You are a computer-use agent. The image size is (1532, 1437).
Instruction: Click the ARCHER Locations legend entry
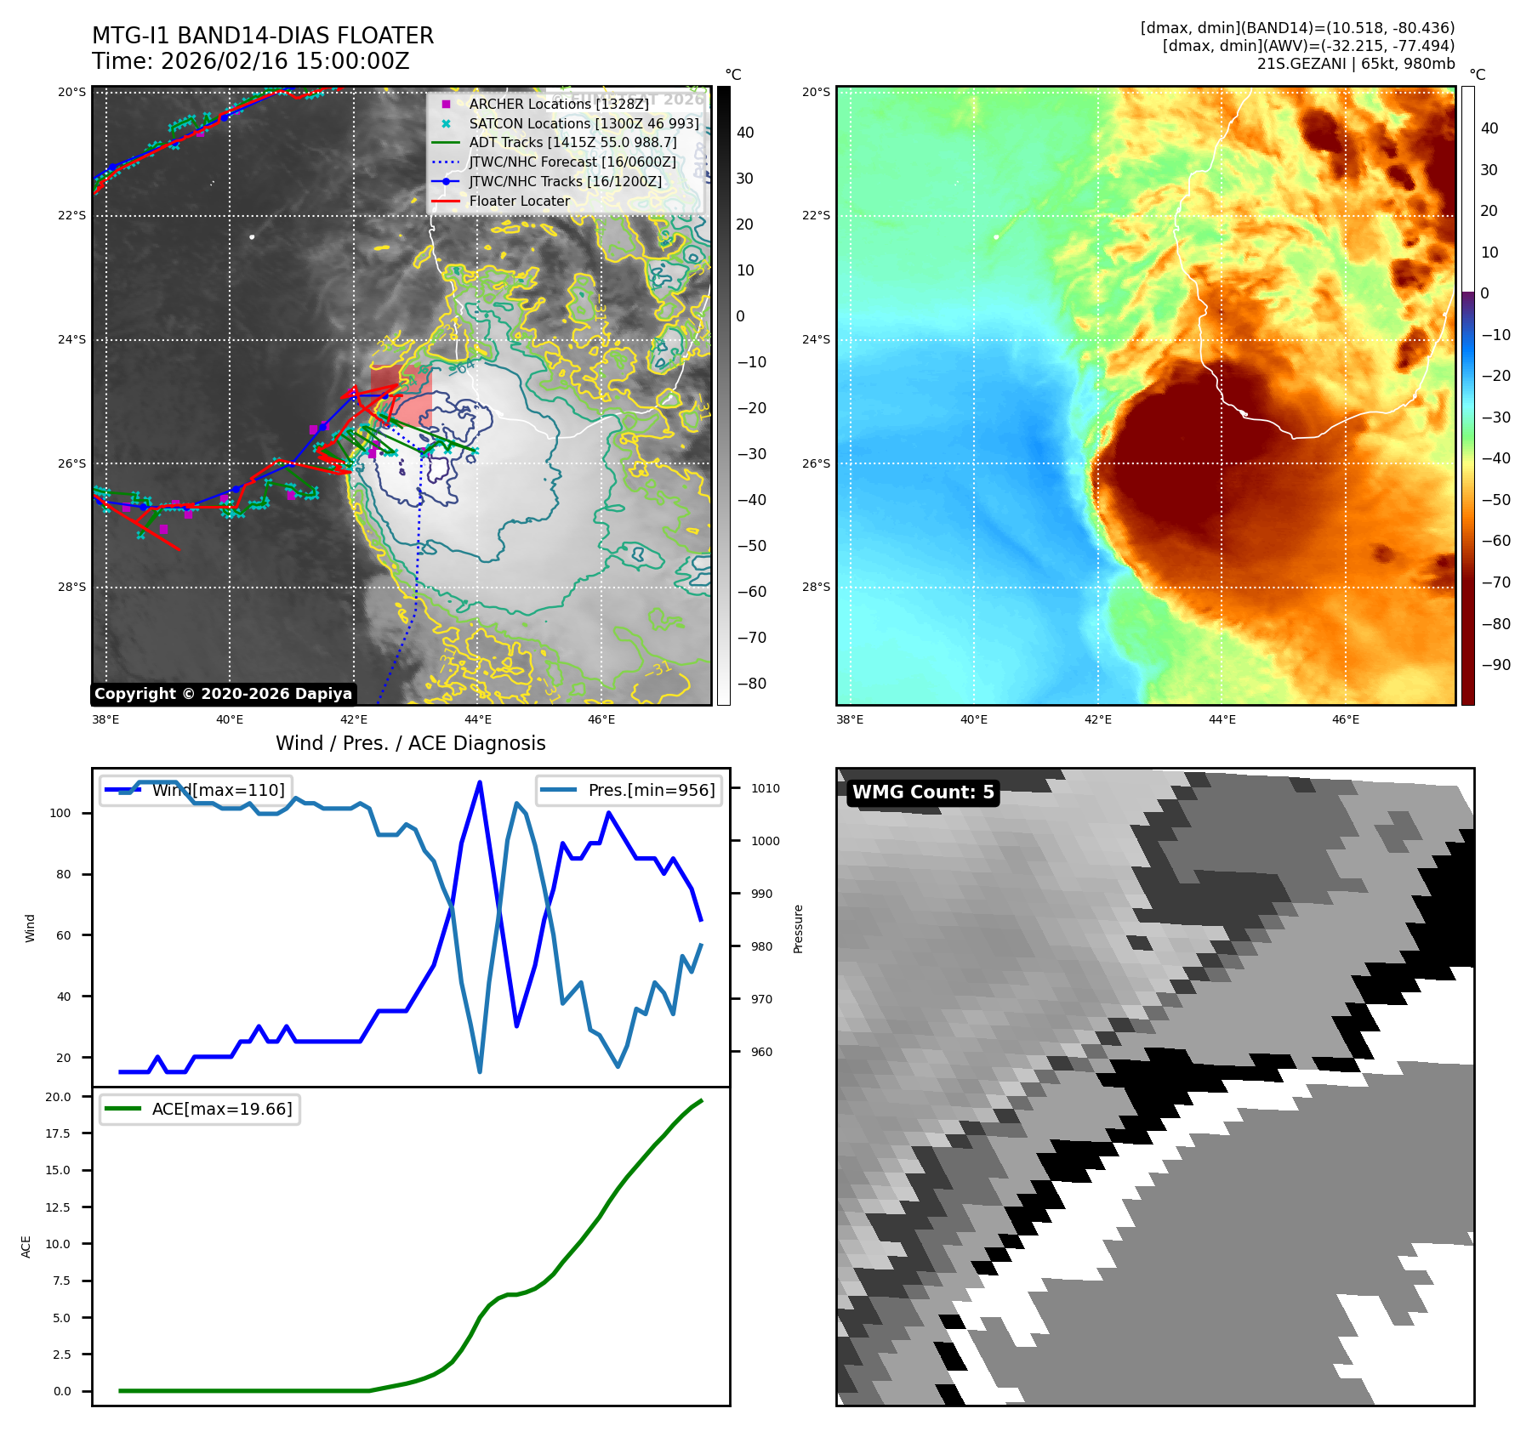point(558,104)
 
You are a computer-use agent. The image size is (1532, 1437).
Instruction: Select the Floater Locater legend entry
point(519,201)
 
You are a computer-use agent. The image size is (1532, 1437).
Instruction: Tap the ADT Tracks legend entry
point(572,142)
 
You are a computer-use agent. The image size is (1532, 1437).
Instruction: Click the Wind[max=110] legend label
point(218,790)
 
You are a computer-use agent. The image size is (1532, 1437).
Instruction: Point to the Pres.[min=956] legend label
point(651,790)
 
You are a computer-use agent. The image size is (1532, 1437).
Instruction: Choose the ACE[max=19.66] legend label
point(221,1109)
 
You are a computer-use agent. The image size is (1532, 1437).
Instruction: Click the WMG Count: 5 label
point(923,792)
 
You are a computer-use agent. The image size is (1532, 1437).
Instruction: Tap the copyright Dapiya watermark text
point(223,694)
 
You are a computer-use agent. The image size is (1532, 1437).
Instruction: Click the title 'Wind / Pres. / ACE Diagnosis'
point(410,743)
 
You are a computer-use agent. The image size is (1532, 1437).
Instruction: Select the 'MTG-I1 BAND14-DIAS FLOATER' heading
point(263,36)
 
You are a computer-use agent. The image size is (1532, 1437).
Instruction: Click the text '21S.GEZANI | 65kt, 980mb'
point(1355,64)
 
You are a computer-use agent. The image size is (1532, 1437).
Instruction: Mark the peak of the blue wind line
point(480,782)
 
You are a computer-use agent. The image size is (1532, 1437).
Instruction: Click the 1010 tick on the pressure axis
point(765,788)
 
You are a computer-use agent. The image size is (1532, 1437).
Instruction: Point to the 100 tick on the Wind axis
point(60,813)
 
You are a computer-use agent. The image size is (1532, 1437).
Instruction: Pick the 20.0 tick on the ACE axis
point(58,1097)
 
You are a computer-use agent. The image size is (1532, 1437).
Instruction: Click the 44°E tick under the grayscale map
point(477,719)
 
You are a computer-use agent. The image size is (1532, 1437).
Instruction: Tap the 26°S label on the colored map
point(816,463)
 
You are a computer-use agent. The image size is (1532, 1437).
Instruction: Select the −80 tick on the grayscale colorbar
point(751,684)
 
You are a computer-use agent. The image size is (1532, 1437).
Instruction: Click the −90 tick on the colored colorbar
point(1495,665)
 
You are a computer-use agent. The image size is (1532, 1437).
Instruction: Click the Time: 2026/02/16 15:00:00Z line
point(251,61)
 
